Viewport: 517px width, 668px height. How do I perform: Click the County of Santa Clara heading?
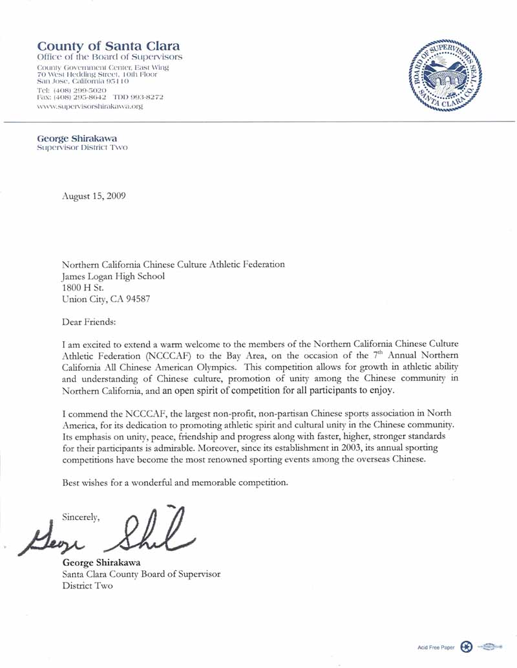coord(109,47)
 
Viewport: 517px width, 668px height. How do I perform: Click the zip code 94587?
coord(137,299)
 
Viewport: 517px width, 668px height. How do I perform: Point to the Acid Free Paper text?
coord(436,647)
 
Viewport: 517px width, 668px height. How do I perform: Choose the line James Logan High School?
coord(113,276)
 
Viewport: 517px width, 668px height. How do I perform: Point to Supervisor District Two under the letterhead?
coord(82,147)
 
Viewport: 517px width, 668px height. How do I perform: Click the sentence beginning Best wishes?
coord(174,482)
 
